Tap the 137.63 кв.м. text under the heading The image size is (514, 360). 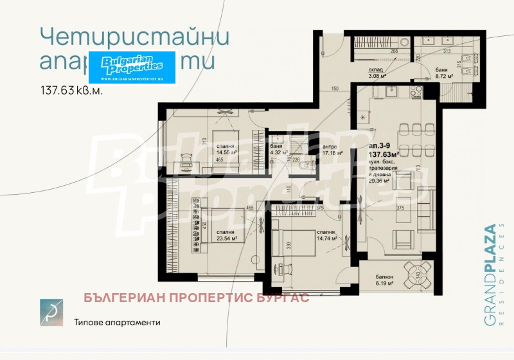(71, 91)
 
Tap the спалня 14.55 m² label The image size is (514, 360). (226, 149)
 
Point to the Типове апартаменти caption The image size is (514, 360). (116, 322)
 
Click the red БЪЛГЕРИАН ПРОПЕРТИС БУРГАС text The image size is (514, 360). (197, 298)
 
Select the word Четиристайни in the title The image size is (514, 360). (134, 36)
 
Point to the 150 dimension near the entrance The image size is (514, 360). (334, 89)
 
